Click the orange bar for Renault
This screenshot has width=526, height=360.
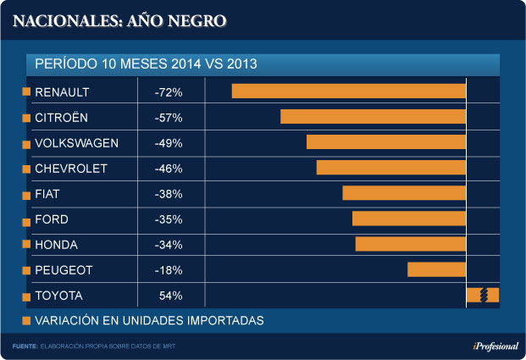(349, 91)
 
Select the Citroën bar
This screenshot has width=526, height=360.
(373, 117)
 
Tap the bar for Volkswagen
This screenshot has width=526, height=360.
(386, 142)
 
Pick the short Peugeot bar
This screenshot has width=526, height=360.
(436, 269)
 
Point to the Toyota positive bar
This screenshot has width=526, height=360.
(482, 295)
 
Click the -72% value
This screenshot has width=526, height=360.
(169, 91)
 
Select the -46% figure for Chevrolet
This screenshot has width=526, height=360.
(169, 169)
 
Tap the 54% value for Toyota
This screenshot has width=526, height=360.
(170, 296)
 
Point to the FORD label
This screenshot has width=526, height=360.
(52, 219)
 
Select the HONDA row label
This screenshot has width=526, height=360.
(56, 245)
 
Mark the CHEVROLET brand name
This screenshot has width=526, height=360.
(71, 169)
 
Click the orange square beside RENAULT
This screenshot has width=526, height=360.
(26, 91)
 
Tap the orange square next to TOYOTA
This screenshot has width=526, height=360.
(26, 296)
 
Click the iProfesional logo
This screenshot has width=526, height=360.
(491, 346)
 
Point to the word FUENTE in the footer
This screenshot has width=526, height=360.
(25, 346)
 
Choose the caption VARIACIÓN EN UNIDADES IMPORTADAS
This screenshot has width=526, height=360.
(149, 320)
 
